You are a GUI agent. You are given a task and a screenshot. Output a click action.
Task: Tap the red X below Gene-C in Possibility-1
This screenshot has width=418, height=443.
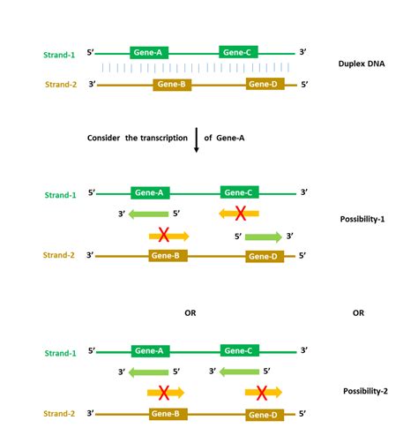pyautogui.click(x=238, y=213)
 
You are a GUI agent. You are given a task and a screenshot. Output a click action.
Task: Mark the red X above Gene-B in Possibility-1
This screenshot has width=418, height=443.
pyautogui.click(x=163, y=236)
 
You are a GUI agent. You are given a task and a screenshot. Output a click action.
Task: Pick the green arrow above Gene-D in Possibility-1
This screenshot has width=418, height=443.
pyautogui.click(x=263, y=237)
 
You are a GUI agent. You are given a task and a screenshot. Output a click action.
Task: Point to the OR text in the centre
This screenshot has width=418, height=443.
pyautogui.click(x=190, y=313)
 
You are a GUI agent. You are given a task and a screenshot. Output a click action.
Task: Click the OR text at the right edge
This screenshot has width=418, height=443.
pyautogui.click(x=358, y=312)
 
